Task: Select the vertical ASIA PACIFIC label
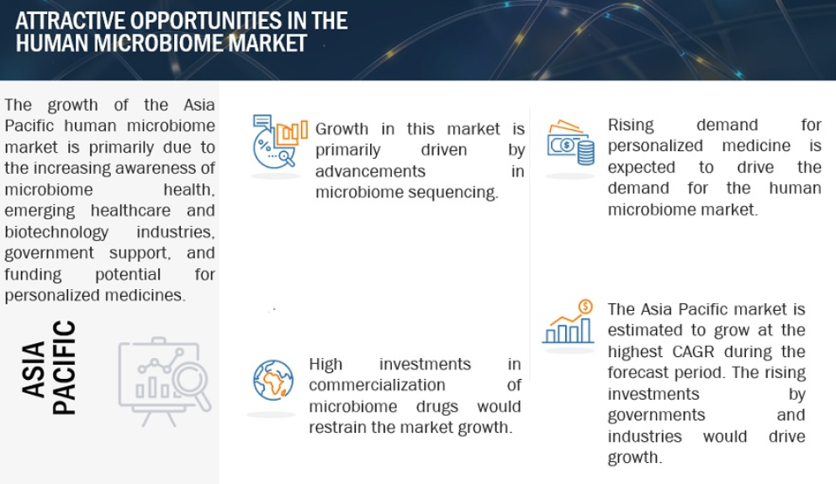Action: (x=49, y=368)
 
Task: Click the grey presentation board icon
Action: (x=165, y=381)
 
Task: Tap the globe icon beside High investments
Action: (x=273, y=380)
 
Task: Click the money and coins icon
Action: (x=570, y=143)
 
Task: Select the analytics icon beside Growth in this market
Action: (x=279, y=141)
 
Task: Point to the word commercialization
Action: (x=377, y=385)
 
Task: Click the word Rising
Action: (x=631, y=125)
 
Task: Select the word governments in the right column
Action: (x=656, y=415)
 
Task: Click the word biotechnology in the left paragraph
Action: (x=56, y=232)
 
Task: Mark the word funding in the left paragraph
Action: (x=33, y=275)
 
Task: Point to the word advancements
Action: (x=371, y=171)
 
